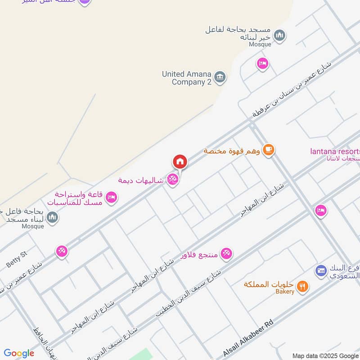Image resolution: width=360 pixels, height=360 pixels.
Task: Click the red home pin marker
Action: (180, 162)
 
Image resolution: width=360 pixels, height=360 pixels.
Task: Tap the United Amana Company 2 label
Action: (187, 78)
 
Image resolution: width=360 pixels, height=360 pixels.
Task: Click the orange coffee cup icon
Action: (269, 150)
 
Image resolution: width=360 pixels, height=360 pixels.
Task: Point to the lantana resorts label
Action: (335, 151)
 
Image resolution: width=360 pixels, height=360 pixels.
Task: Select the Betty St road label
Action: (17, 260)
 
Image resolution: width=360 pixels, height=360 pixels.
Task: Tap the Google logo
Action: (19, 353)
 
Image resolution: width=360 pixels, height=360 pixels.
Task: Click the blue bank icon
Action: (321, 270)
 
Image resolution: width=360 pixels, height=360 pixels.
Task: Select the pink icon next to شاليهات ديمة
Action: (172, 180)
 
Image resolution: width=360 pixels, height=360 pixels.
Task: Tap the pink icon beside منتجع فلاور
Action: (227, 254)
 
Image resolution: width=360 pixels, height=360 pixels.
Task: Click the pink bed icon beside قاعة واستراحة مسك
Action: (112, 197)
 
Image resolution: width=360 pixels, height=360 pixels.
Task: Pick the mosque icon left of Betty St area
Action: (53, 218)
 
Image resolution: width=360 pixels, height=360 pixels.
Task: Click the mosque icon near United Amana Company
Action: (280, 36)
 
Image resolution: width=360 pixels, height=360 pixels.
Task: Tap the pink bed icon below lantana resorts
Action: (320, 210)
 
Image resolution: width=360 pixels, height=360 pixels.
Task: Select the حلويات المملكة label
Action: (269, 284)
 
